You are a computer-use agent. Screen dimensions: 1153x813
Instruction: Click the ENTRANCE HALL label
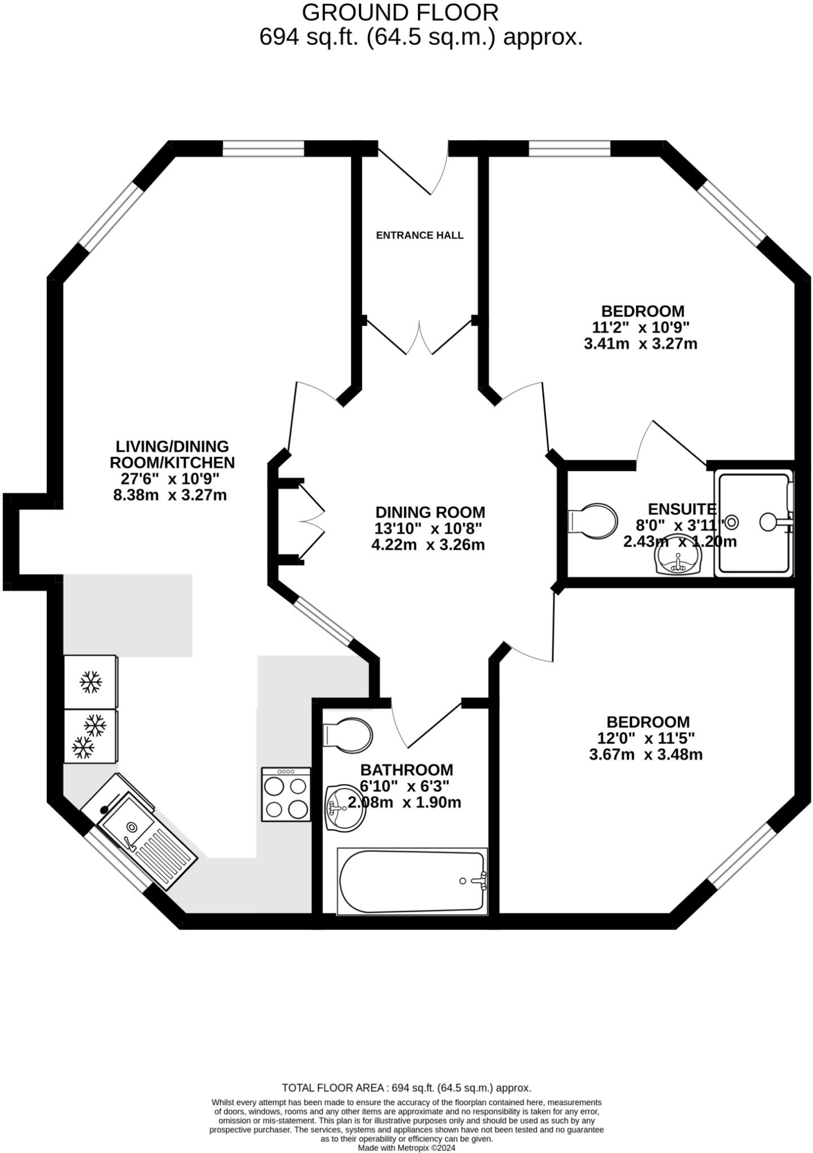(x=419, y=235)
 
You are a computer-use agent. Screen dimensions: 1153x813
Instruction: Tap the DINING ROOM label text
(x=430, y=512)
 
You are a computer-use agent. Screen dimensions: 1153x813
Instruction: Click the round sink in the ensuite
(x=678, y=558)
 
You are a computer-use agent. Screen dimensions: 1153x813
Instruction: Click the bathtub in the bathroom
(x=412, y=881)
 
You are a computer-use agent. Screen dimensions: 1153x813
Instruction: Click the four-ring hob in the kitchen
(x=286, y=794)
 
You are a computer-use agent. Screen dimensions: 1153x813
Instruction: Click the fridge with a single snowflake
(x=91, y=682)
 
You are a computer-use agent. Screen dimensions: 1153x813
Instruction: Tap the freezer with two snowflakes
(x=90, y=736)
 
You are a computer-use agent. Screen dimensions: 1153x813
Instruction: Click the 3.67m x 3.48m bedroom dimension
(x=646, y=754)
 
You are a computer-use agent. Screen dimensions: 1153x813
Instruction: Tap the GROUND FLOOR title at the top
(x=400, y=12)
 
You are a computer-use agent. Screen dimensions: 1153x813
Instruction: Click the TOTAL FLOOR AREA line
(x=406, y=1088)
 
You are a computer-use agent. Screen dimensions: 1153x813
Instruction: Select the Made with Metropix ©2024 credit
(x=406, y=1147)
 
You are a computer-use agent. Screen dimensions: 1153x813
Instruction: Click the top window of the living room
(x=264, y=149)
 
